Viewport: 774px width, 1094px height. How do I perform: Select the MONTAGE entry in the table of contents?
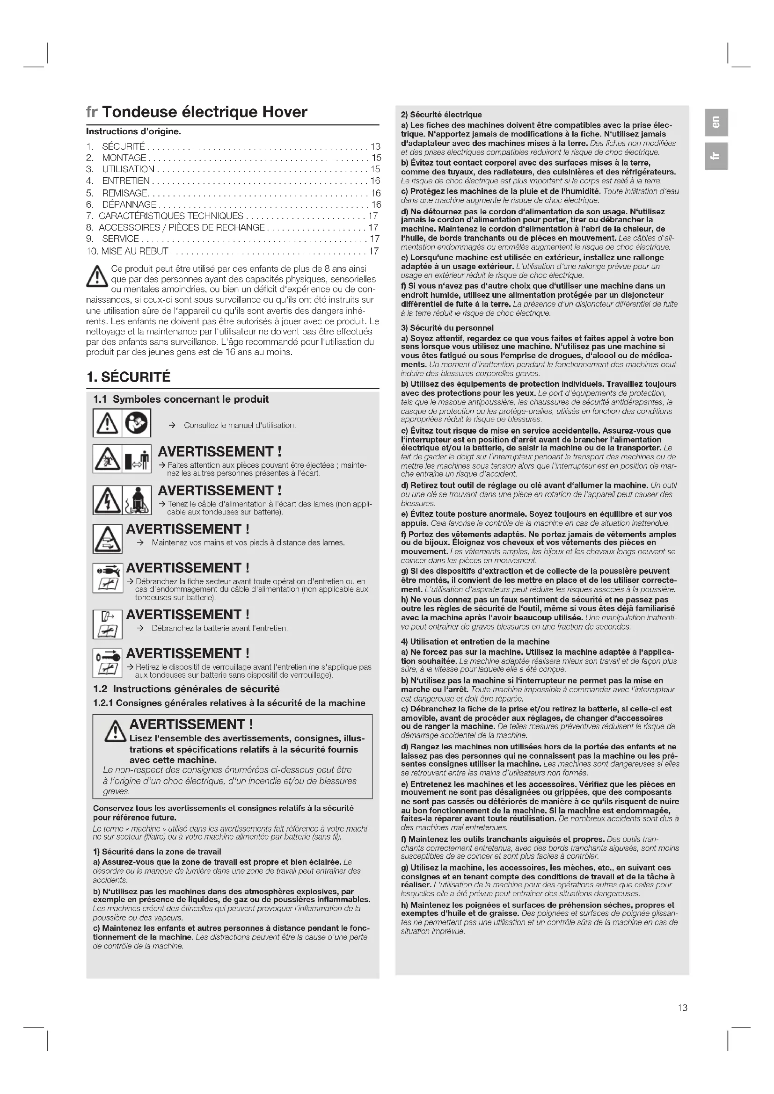(x=124, y=158)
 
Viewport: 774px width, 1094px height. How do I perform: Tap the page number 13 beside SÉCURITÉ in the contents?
(x=375, y=146)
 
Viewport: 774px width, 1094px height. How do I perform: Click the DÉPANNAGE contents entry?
(x=129, y=204)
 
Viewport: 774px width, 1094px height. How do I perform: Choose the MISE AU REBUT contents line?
(x=135, y=251)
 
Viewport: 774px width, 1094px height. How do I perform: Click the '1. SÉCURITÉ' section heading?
(x=128, y=377)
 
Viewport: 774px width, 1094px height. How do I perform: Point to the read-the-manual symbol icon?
(x=137, y=423)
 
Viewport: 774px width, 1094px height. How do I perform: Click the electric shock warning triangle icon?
(x=107, y=500)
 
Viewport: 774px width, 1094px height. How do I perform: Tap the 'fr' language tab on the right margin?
(x=716, y=156)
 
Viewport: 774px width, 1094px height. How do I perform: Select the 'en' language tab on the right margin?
(x=716, y=122)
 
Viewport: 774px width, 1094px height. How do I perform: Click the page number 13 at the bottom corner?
(x=682, y=1007)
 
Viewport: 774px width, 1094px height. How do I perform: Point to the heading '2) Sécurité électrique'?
(x=441, y=114)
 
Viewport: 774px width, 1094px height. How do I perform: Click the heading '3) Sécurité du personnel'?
(x=446, y=328)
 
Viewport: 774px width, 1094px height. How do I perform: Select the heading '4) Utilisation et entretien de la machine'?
(x=475, y=642)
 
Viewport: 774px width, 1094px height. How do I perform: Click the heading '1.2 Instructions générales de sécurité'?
(x=186, y=688)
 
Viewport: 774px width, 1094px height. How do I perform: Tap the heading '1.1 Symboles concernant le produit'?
(x=181, y=399)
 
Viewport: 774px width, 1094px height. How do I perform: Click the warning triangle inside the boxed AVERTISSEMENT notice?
(x=115, y=732)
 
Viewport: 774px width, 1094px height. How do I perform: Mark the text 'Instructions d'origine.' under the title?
(x=133, y=131)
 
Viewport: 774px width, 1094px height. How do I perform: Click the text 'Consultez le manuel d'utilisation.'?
(x=240, y=426)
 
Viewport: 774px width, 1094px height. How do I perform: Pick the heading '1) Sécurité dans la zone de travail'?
(x=157, y=851)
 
